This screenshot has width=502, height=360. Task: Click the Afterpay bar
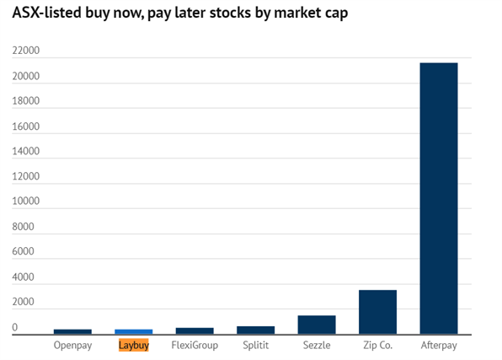[439, 198]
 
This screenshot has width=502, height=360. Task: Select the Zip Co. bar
[378, 312]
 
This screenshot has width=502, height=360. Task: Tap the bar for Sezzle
[317, 325]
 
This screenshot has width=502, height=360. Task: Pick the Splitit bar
[255, 330]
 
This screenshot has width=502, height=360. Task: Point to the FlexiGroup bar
[195, 331]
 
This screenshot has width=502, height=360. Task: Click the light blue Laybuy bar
[134, 332]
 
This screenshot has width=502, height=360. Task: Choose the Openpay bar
[72, 332]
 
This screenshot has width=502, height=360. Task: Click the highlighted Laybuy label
[134, 346]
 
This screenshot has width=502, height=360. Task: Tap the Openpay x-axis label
[72, 346]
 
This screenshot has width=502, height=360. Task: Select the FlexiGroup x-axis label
[195, 345]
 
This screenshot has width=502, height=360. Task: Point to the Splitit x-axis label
[255, 346]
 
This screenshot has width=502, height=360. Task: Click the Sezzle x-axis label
[317, 345]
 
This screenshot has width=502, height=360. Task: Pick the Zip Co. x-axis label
[378, 346]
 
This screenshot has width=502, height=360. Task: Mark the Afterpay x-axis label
[439, 346]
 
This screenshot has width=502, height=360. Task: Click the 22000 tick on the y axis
[26, 51]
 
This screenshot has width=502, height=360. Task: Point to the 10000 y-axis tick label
[26, 201]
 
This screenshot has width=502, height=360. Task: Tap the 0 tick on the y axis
[14, 327]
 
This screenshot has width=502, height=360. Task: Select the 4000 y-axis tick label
[23, 277]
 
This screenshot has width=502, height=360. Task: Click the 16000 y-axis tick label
[26, 126]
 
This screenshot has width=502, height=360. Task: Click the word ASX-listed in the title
[46, 13]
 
